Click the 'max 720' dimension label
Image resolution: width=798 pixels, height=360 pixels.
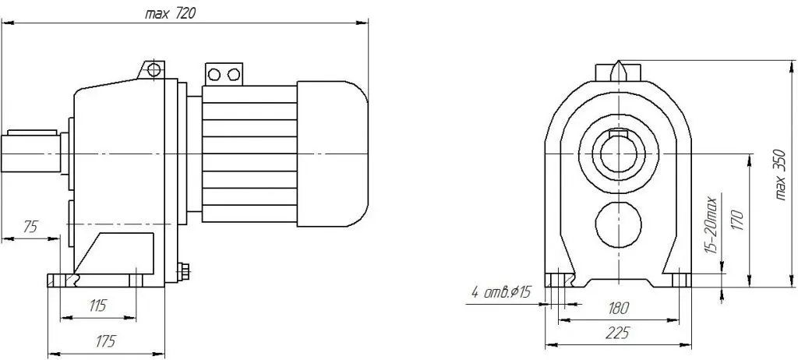(170, 14)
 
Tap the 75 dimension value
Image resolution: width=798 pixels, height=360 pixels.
(31, 227)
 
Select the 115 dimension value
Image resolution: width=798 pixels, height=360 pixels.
(97, 305)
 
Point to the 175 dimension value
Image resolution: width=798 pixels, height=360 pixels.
(105, 341)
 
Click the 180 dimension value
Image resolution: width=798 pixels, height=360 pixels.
(618, 308)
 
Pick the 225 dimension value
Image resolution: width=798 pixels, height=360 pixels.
(617, 333)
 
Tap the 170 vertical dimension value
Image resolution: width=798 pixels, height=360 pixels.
(739, 220)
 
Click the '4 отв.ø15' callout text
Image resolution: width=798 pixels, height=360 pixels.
(501, 292)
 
